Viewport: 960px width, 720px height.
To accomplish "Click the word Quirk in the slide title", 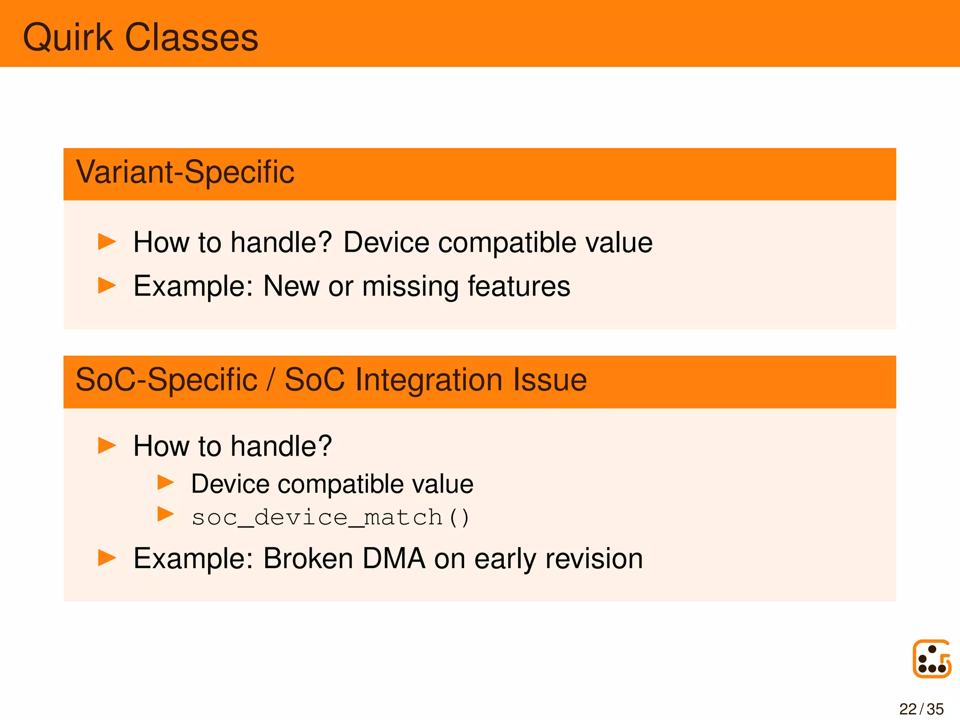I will point(68,37).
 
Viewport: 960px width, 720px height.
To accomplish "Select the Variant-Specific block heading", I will point(185,172).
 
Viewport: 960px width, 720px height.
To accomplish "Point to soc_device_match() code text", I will point(330,518).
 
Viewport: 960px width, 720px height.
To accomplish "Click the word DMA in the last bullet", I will point(394,559).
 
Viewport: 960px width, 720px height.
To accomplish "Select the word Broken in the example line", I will point(308,559).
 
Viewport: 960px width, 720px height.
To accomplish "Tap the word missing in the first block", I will point(410,286).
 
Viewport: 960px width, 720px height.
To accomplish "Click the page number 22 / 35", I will point(921,709).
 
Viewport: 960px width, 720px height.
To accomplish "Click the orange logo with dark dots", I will point(932,659).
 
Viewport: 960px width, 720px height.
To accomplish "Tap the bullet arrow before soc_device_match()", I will point(165,514).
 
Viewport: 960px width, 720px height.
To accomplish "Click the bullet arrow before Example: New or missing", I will point(107,285).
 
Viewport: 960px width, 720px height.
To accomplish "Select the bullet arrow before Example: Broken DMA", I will point(107,558).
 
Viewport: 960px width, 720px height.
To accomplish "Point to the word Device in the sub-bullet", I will point(230,484).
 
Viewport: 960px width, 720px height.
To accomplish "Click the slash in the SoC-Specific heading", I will point(270,380).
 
